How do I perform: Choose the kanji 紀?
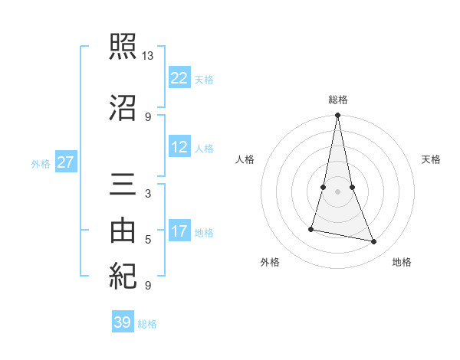123,275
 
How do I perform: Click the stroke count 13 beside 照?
148,56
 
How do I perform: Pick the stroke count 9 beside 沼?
148,116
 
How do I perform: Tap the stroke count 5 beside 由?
148,240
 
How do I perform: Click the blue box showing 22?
179,77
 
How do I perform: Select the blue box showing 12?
179,147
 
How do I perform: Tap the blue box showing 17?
179,231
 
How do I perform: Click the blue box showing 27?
65,162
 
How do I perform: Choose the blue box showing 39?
123,322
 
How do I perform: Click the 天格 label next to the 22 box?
204,79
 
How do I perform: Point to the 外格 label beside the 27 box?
41,163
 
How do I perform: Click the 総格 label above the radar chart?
338,100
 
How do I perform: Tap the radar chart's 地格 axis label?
402,262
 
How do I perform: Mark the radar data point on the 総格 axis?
337,116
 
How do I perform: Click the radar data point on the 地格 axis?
374,242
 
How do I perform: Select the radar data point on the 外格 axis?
311,229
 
